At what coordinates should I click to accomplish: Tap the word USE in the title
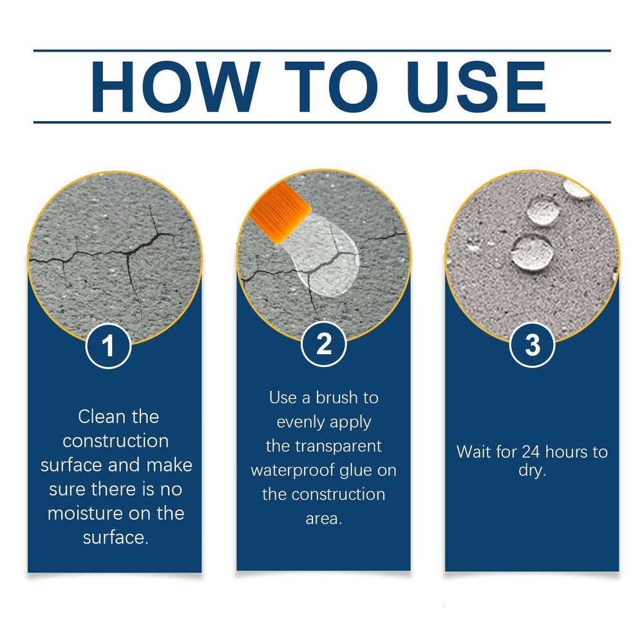pos(478,86)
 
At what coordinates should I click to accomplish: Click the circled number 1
pos(108,346)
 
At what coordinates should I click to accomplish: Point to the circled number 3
pos(532,346)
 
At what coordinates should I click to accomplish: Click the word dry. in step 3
pos(532,471)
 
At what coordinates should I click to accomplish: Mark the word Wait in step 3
pos(474,451)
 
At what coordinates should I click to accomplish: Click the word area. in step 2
pos(324,518)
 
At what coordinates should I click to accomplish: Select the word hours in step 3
pos(568,451)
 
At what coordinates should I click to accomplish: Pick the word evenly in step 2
pos(303,422)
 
